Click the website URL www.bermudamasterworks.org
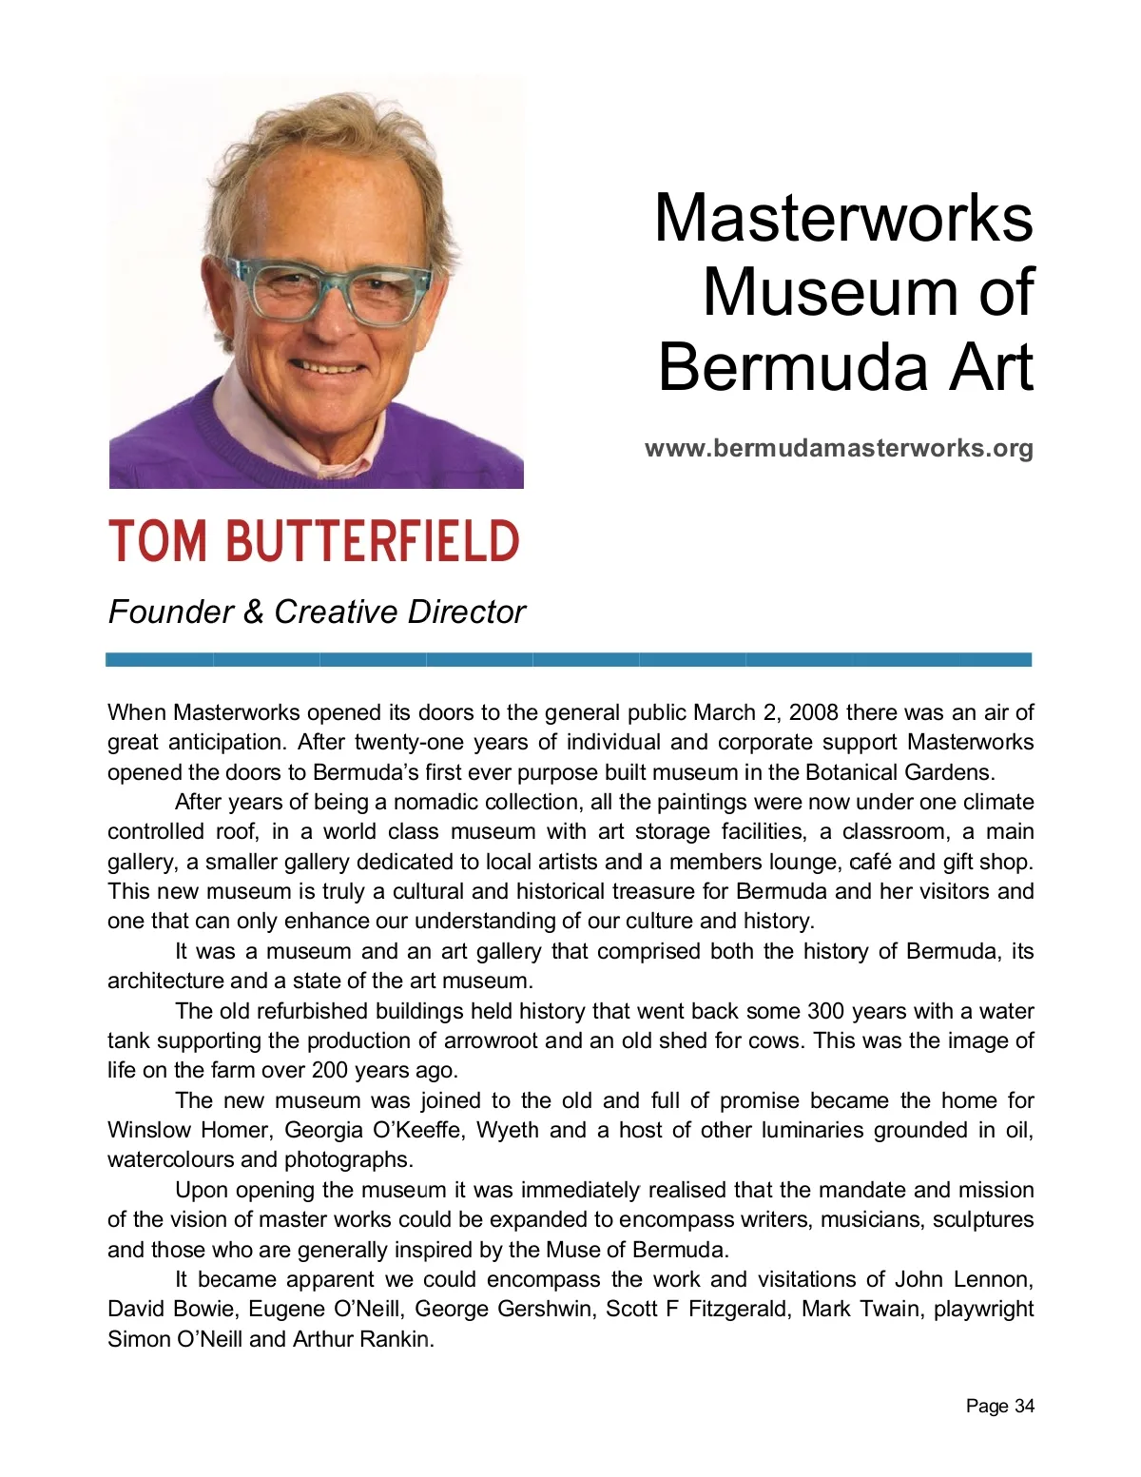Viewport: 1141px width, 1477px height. pos(839,448)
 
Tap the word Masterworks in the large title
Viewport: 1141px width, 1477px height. pos(843,218)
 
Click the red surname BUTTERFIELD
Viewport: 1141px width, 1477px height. pos(372,542)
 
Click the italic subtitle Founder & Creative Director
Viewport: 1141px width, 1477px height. pos(317,612)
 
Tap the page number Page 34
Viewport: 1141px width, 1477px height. pos(999,1406)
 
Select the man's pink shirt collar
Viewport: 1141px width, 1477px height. pos(249,418)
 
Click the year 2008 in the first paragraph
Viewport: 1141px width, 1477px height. pos(814,712)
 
